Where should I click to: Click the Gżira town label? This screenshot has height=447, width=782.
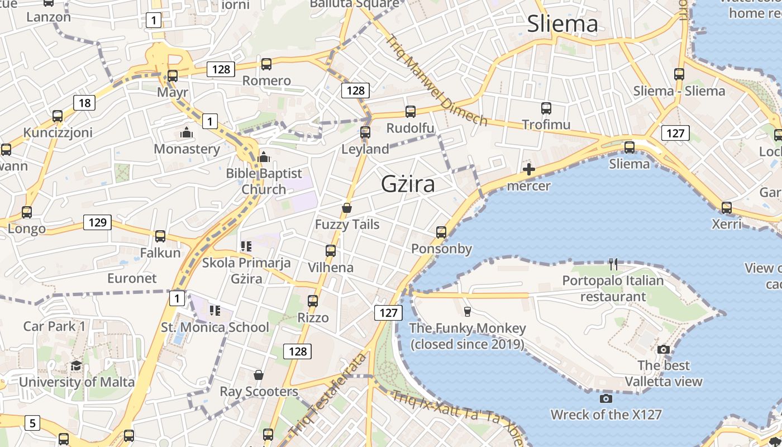click(x=408, y=184)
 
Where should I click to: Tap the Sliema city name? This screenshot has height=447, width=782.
click(x=562, y=24)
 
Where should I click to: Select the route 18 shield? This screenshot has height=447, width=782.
click(x=84, y=103)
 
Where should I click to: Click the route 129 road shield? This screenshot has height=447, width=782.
click(x=97, y=222)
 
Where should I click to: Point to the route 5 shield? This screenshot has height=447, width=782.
click(x=32, y=423)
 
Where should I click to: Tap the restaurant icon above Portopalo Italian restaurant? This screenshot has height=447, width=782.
click(x=613, y=264)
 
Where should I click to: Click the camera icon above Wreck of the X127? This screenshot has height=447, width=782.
click(x=605, y=398)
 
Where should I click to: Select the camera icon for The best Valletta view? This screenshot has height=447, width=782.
click(x=664, y=349)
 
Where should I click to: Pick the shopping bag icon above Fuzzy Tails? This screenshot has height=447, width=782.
click(x=347, y=208)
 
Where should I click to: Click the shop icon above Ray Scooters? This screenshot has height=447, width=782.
click(x=258, y=374)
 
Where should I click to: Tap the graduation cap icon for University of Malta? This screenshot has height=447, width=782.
click(x=76, y=366)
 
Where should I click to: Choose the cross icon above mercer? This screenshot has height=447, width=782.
click(x=528, y=169)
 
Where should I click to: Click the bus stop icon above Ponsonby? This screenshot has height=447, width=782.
click(x=441, y=232)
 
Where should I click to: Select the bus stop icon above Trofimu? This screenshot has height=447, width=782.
click(x=546, y=108)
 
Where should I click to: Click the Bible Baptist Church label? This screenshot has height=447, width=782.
click(x=264, y=182)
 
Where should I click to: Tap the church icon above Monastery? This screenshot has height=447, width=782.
click(x=187, y=132)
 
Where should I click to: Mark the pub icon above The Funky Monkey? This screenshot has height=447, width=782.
click(x=468, y=311)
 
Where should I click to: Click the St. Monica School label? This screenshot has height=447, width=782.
click(x=215, y=327)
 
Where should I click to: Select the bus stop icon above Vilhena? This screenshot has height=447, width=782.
click(x=331, y=250)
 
